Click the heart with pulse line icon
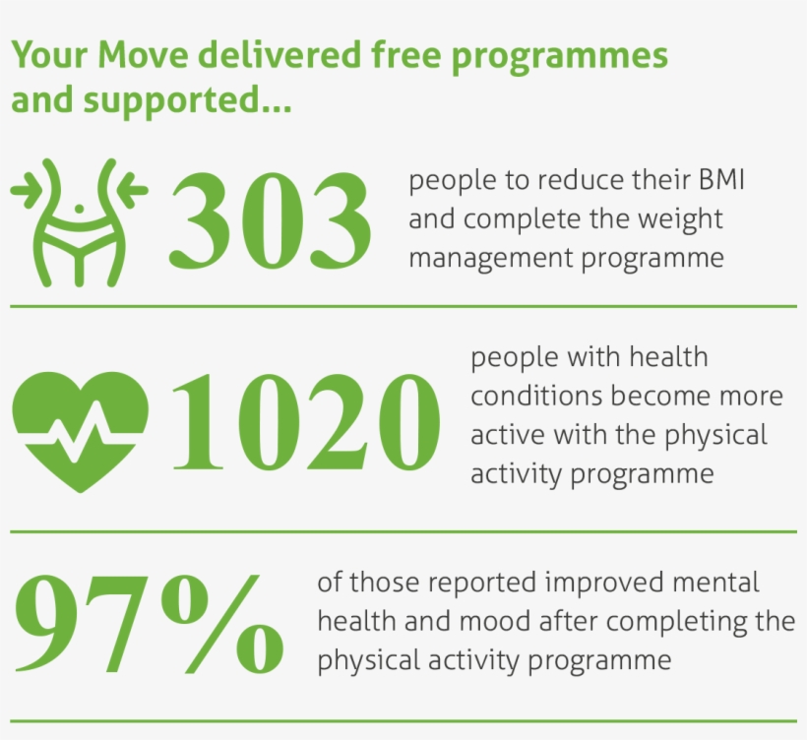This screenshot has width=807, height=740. (x=80, y=429)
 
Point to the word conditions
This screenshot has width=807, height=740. (x=535, y=397)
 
